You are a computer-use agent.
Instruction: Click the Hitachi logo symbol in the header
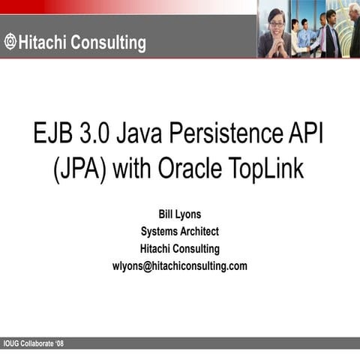click(10, 43)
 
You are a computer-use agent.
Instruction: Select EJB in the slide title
click(55, 136)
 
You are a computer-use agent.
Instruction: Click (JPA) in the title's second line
click(81, 169)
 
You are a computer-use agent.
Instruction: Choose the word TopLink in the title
click(267, 169)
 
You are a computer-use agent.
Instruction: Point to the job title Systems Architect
click(179, 232)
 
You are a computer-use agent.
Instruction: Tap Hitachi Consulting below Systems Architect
click(179, 249)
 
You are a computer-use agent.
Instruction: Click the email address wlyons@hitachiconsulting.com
click(179, 266)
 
